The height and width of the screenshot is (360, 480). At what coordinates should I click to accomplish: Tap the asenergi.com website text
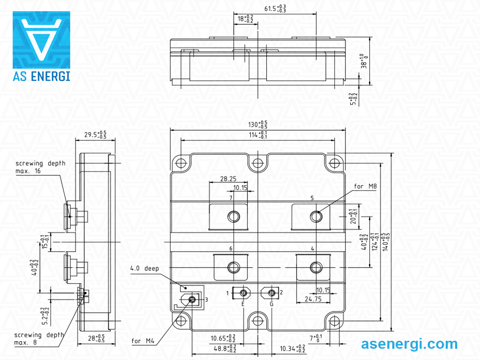tap(409, 344)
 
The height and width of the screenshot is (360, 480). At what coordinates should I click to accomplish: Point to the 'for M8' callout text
tap(365, 187)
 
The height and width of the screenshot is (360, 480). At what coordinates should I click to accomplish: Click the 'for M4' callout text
tap(143, 341)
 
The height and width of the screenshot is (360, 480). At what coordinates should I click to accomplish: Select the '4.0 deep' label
tap(144, 269)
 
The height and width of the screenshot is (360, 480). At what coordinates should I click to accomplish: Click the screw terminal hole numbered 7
tap(233, 216)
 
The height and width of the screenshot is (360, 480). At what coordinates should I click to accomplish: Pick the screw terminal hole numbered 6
tap(233, 267)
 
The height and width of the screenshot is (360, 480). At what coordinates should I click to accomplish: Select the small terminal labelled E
tap(243, 293)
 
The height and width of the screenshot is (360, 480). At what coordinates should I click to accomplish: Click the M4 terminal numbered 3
tap(191, 299)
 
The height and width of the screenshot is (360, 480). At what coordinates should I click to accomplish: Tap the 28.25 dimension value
tap(228, 179)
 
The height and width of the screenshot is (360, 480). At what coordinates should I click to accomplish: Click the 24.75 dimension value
tap(313, 299)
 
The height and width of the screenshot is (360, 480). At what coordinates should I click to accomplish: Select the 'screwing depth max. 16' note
tap(40, 167)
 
